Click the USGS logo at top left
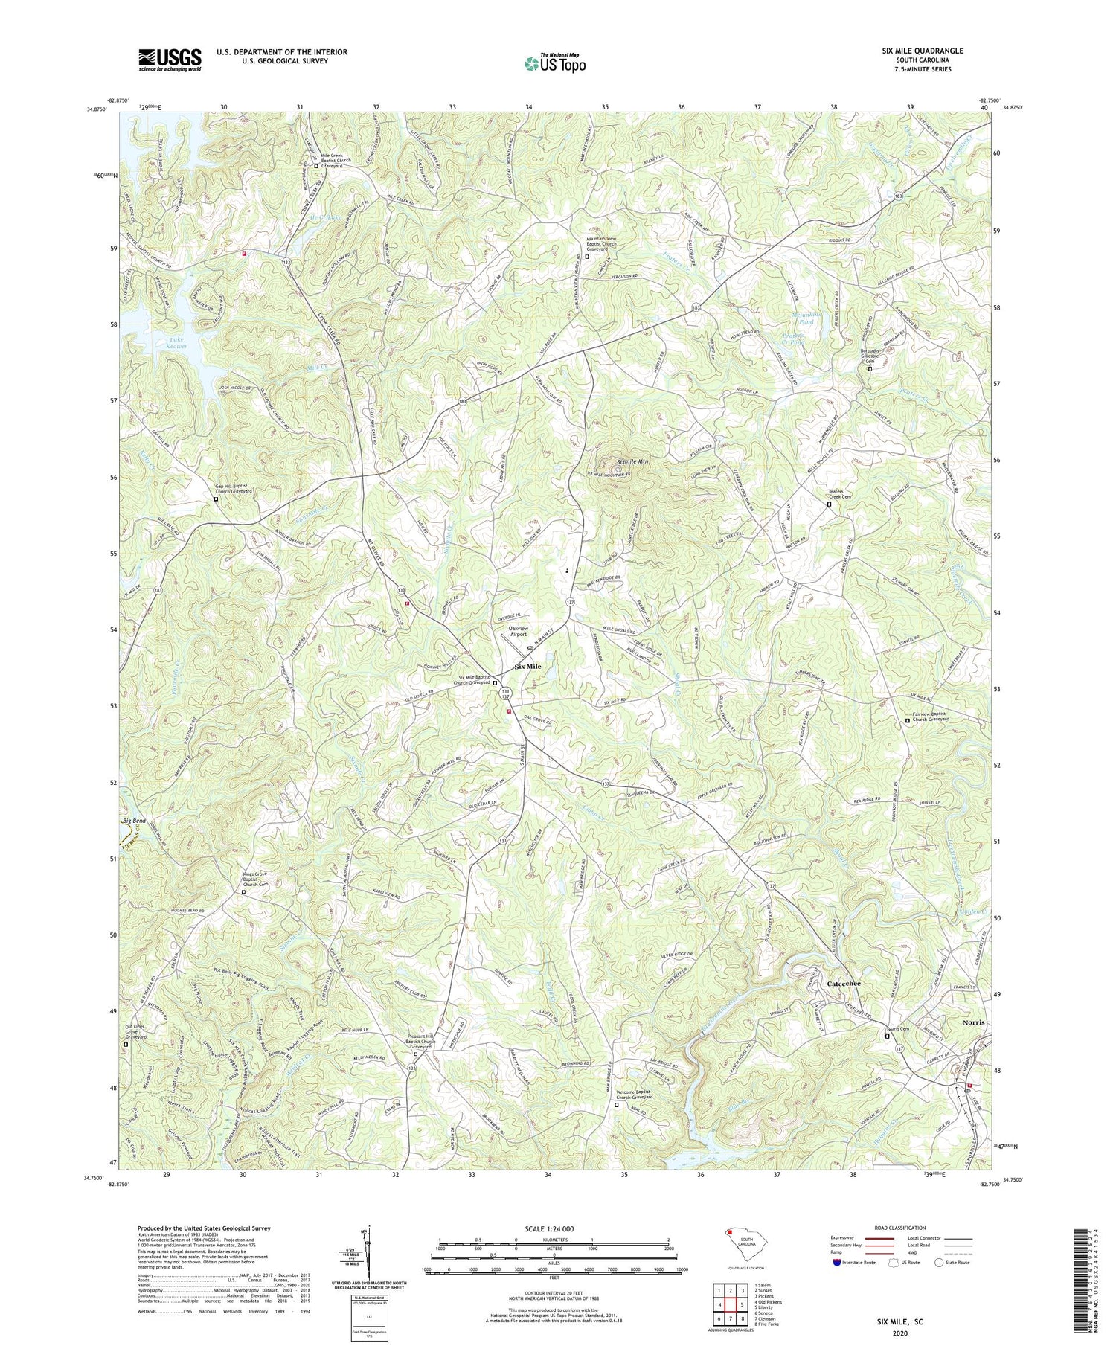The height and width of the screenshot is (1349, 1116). click(169, 60)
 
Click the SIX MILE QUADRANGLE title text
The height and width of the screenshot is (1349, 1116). click(918, 51)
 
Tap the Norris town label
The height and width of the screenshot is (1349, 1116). click(972, 1022)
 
